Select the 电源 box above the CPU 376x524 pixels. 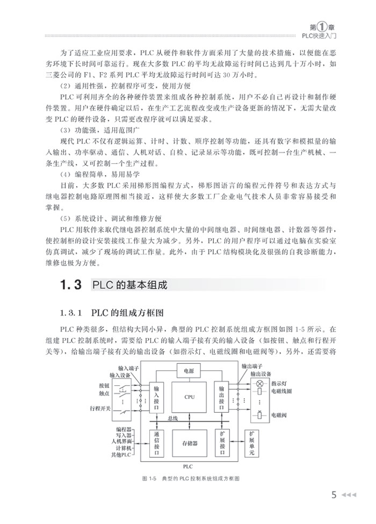click(x=188, y=370)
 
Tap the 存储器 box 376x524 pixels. click(x=188, y=443)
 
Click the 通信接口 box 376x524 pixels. click(x=156, y=443)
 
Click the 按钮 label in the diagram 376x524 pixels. click(x=104, y=386)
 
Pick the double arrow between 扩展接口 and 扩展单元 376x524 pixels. click(x=237, y=436)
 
